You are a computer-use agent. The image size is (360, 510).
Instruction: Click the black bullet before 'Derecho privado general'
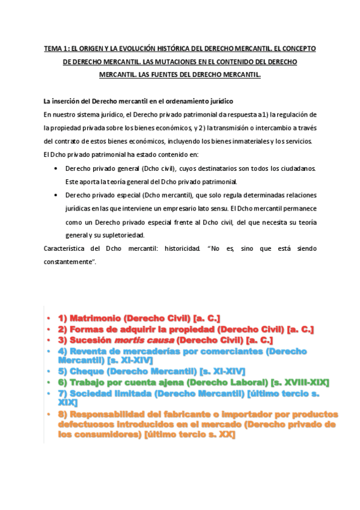coord(56,168)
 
